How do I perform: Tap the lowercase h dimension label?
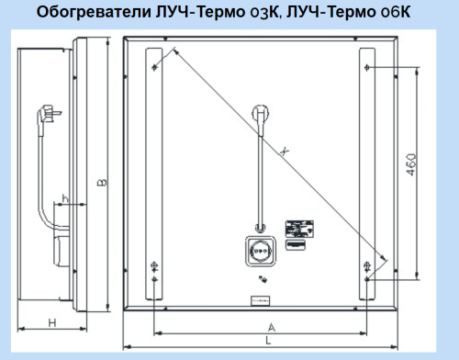pos(64,197)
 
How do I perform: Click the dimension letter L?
pos(267,341)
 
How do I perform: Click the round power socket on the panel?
pos(260,249)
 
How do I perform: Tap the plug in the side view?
pos(44,118)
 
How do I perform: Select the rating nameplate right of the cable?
pos(298,229)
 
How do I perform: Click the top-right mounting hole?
pos(367,67)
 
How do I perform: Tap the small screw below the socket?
pos(264,279)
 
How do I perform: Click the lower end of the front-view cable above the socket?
pos(260,225)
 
